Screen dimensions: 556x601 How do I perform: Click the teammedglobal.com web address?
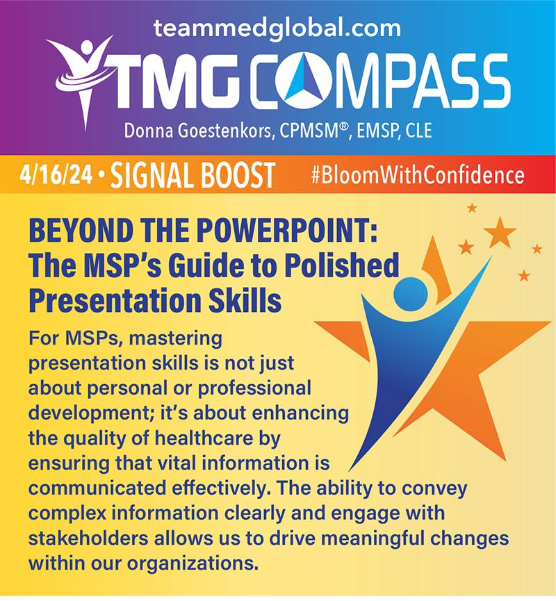pos(277,28)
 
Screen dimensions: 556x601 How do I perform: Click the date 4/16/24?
pos(56,175)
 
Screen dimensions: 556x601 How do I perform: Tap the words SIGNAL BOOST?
pos(193,175)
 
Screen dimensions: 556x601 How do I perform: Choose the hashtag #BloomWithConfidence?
pos(418,175)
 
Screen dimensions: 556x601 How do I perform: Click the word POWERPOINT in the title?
pos(284,231)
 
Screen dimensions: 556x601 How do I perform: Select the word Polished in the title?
pos(342,265)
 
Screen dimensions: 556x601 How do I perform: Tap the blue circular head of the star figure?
pos(411,295)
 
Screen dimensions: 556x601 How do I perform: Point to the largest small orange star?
pos(500,232)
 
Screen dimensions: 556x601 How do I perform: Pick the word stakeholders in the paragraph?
pos(88,538)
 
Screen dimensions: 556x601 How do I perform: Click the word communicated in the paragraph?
pos(97,488)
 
